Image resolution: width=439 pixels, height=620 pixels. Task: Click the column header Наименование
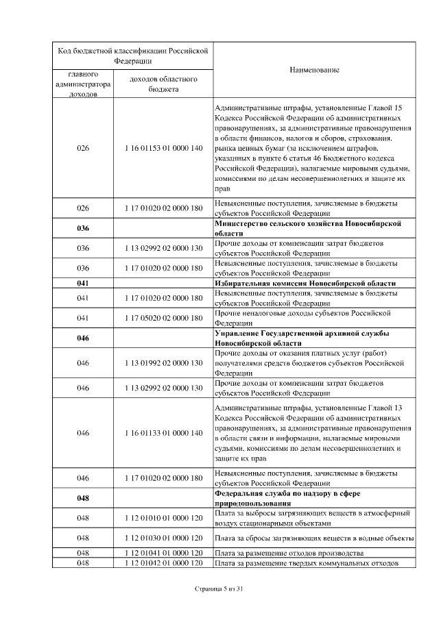click(313, 71)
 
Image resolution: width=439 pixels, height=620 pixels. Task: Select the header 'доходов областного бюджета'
click(164, 84)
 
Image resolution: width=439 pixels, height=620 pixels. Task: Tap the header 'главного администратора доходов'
click(83, 84)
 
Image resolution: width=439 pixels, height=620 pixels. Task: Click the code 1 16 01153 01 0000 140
click(164, 148)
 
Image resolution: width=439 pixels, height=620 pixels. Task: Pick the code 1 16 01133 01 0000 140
click(164, 433)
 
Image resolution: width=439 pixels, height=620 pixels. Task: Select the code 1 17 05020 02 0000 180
click(164, 318)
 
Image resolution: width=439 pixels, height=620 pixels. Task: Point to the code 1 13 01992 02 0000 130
click(164, 362)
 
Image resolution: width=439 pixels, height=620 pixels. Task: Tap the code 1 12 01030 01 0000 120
click(164, 538)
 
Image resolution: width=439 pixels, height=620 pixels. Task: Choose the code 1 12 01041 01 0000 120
click(164, 553)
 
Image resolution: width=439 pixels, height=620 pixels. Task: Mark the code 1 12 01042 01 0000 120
click(164, 562)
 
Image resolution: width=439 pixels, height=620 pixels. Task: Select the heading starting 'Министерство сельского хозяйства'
click(307, 228)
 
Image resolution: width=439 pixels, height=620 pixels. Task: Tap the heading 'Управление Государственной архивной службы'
click(302, 338)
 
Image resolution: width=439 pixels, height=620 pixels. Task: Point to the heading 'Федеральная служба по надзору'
click(292, 498)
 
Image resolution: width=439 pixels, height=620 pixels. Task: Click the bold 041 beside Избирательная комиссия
click(83, 283)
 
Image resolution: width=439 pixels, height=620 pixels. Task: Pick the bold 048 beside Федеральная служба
click(83, 498)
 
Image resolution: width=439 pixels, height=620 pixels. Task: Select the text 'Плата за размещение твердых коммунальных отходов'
click(306, 562)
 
